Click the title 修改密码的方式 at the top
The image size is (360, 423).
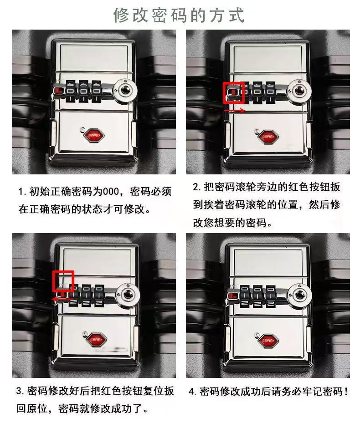tap(179, 15)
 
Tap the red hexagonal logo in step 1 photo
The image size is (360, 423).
tap(93, 135)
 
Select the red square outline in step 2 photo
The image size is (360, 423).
tap(234, 93)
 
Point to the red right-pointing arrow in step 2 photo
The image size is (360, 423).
tap(234, 110)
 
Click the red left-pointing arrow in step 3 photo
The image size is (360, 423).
tap(62, 299)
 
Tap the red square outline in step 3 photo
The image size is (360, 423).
tap(63, 281)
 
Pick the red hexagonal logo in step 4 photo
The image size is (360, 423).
tap(267, 341)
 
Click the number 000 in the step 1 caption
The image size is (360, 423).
tap(111, 192)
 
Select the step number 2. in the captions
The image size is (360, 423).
tap(196, 187)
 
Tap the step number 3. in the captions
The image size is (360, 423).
tap(20, 391)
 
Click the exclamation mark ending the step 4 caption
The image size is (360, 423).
tap(346, 391)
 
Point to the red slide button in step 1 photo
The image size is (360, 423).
tap(58, 90)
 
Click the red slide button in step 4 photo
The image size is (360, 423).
tap(232, 296)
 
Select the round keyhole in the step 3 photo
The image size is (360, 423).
tap(128, 295)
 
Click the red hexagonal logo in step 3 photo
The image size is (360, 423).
tap(96, 339)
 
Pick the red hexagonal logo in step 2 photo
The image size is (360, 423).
tap(267, 137)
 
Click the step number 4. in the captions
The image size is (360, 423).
tap(193, 391)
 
